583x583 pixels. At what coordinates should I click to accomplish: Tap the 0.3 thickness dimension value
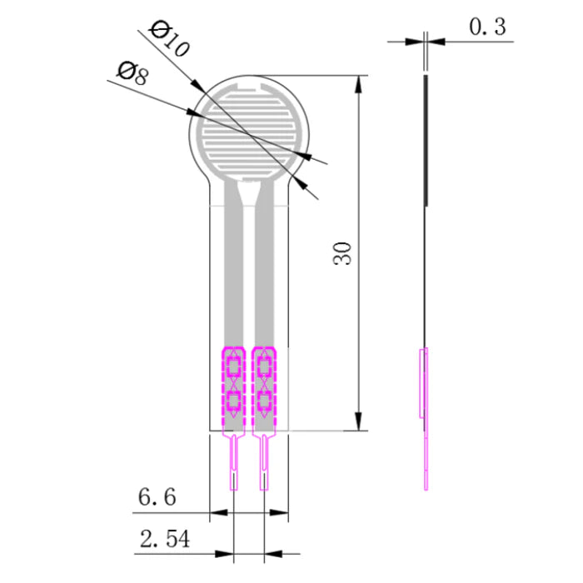(x=487, y=27)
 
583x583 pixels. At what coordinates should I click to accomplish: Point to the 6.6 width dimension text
(x=157, y=498)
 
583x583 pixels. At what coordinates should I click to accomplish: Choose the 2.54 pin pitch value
(x=163, y=540)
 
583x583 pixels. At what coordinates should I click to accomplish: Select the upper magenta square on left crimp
(x=233, y=366)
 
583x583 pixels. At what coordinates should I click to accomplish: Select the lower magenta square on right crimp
(x=265, y=402)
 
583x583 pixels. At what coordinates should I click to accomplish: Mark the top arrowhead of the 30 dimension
(x=360, y=84)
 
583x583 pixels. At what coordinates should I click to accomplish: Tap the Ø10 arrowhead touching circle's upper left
(x=198, y=87)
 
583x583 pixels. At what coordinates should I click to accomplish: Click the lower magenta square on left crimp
(x=233, y=402)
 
